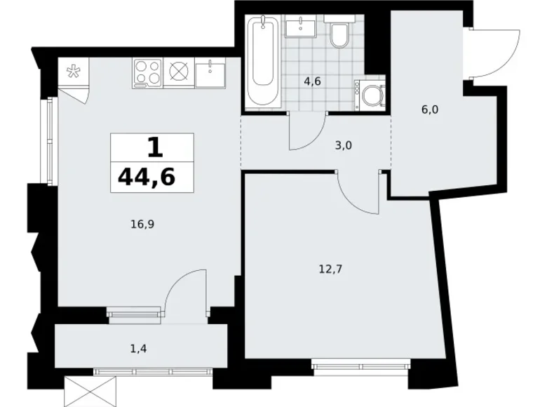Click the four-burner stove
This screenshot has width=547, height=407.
click(x=147, y=72)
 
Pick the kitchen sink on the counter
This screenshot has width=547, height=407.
click(x=210, y=72)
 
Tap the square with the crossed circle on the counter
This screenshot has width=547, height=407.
click(x=179, y=72)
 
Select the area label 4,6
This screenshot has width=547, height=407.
click(x=312, y=81)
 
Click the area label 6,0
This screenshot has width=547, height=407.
click(x=430, y=109)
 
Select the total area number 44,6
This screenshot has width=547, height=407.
click(x=147, y=176)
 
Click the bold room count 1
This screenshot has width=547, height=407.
click(x=154, y=147)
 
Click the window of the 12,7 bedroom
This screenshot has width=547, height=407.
click(x=361, y=364)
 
